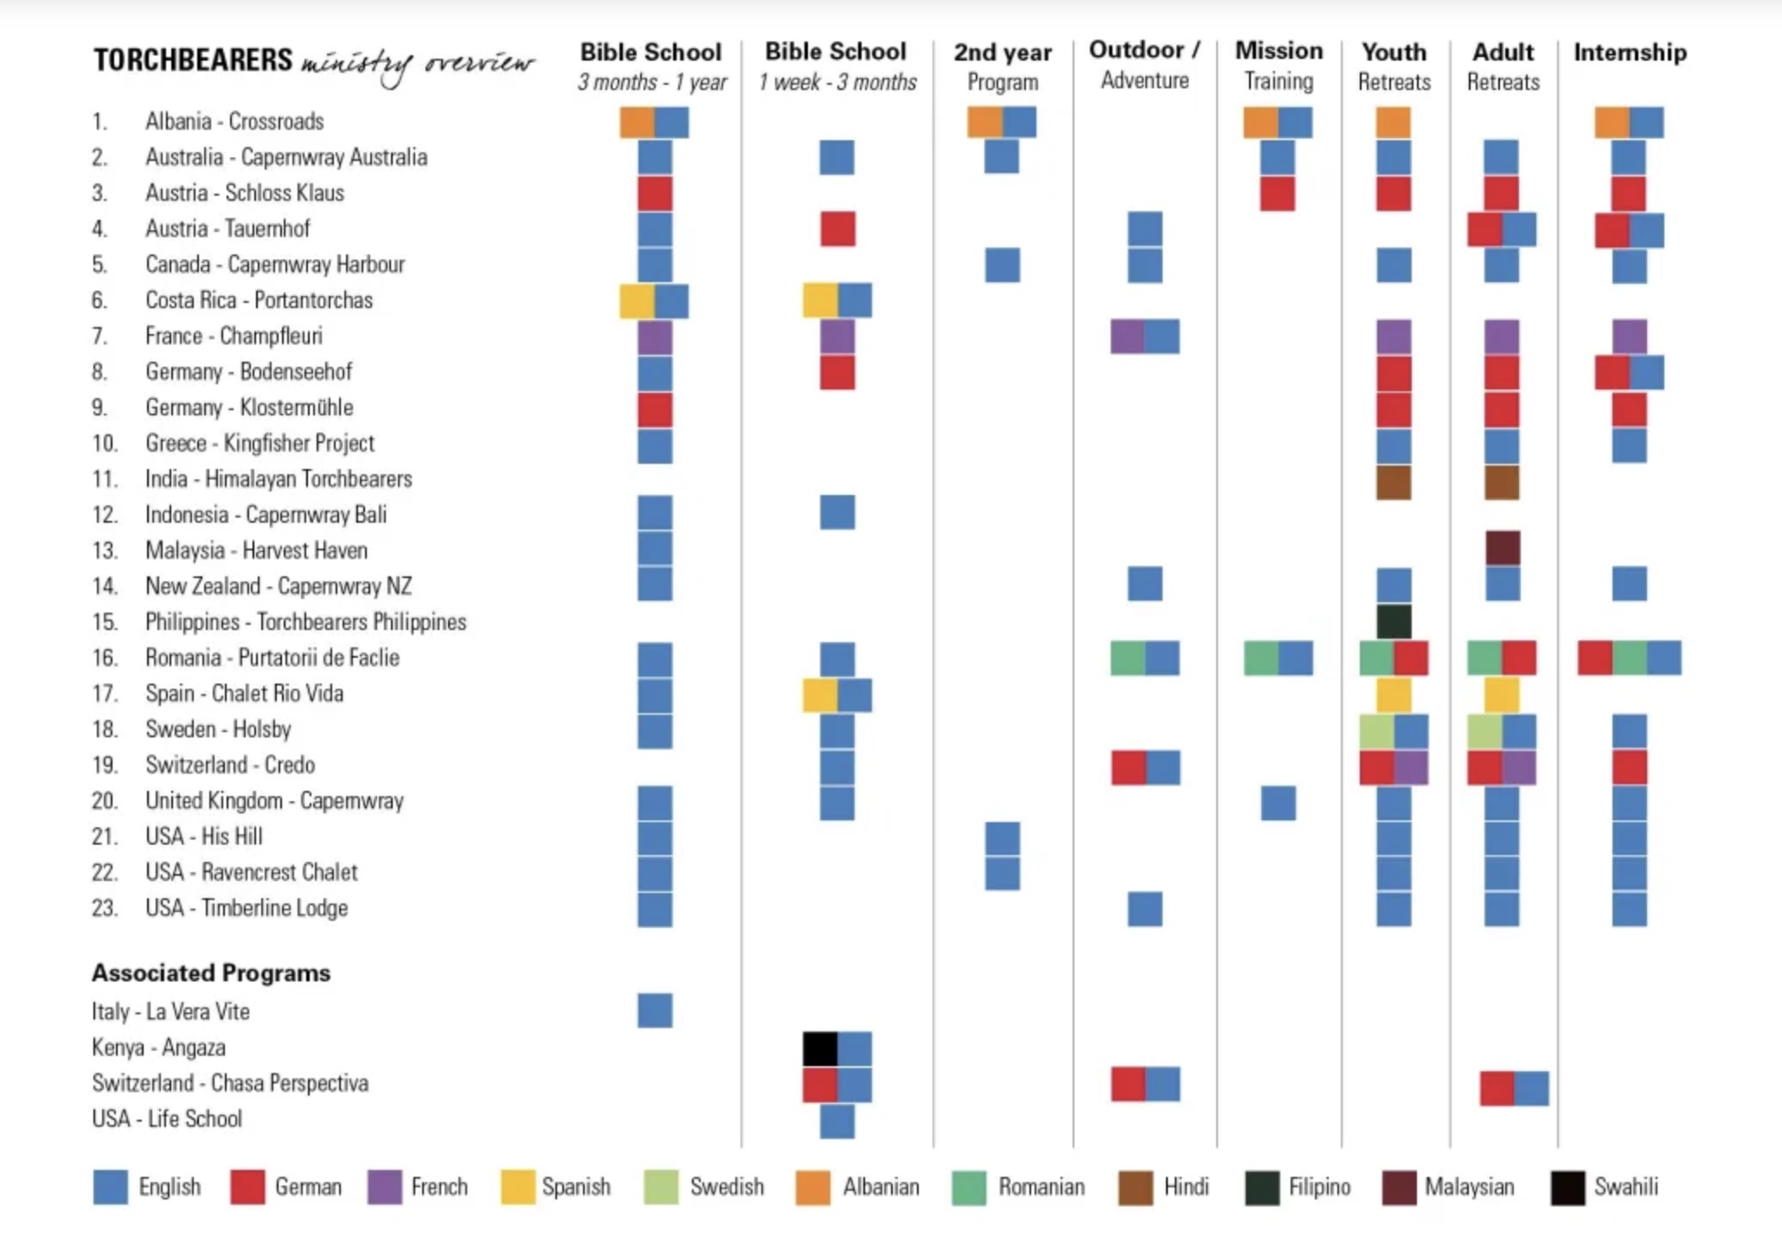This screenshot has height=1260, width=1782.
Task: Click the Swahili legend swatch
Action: click(1567, 1187)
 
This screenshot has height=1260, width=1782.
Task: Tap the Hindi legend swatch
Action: click(1135, 1187)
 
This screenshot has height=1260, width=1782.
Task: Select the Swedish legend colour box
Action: click(661, 1187)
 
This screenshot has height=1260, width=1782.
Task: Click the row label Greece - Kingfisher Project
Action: click(260, 443)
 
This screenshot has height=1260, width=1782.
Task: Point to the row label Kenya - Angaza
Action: click(158, 1047)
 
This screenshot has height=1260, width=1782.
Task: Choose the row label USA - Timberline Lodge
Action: click(246, 908)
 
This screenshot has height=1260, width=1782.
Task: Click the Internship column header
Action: click(1630, 53)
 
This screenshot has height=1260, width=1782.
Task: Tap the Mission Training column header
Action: click(1279, 65)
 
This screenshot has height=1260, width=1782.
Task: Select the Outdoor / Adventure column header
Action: click(1144, 65)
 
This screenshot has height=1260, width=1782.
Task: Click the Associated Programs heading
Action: click(211, 973)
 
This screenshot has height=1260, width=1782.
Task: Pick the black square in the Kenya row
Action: click(820, 1049)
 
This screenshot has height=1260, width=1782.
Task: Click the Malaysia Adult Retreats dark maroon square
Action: click(1503, 549)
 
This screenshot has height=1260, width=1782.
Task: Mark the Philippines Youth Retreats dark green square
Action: click(1394, 621)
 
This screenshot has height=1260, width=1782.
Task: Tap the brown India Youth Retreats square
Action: click(1394, 483)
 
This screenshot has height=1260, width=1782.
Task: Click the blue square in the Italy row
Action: click(655, 1010)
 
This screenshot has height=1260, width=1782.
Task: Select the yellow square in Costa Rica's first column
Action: click(637, 301)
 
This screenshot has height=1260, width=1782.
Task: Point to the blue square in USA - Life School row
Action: click(837, 1121)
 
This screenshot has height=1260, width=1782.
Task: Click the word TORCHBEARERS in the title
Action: click(193, 61)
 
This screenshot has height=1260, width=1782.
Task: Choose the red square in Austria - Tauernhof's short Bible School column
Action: click(837, 229)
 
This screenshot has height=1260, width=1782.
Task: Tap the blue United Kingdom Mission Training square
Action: click(1279, 803)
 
